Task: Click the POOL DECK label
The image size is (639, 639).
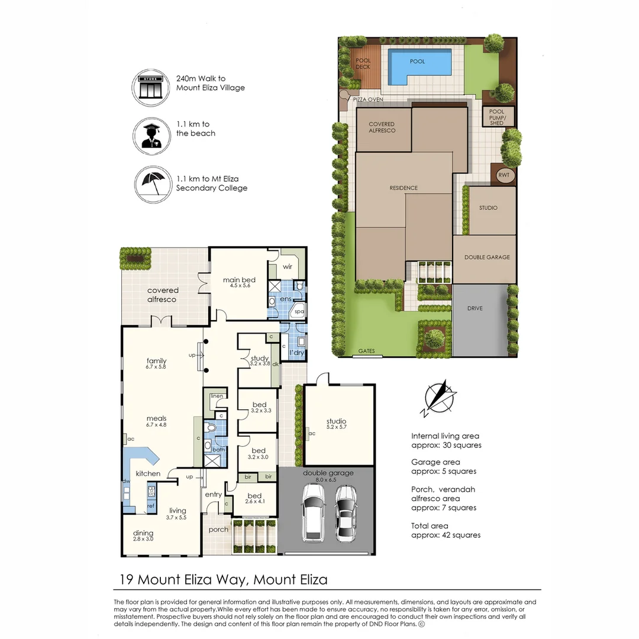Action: (x=363, y=63)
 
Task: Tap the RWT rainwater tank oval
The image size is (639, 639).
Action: (x=504, y=175)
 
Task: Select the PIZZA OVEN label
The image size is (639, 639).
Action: (x=368, y=100)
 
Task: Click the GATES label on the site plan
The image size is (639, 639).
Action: (x=366, y=351)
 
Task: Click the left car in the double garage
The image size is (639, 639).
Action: (x=314, y=512)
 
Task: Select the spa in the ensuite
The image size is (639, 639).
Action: (x=299, y=311)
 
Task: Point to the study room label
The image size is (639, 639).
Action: (x=259, y=359)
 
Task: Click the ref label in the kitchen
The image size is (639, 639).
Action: (x=150, y=506)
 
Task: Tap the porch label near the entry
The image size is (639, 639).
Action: (x=218, y=530)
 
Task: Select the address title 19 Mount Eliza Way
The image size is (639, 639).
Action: (x=224, y=579)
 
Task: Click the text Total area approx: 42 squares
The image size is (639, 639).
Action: (x=446, y=530)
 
